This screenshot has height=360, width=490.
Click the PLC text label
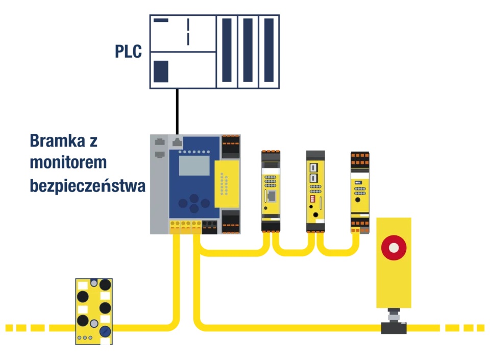coord(128,52)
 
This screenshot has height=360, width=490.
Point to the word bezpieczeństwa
coord(87,185)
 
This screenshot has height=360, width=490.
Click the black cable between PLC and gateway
coord(177,111)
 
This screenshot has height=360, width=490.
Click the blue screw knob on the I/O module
coord(105,331)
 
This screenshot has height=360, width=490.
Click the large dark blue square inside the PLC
coord(161,71)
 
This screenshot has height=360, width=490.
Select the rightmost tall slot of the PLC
coord(269,51)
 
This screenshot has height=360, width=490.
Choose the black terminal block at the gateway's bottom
coord(209,226)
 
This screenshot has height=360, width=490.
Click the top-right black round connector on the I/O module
coord(105,284)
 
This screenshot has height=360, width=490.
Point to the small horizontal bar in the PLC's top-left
coord(161,20)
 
